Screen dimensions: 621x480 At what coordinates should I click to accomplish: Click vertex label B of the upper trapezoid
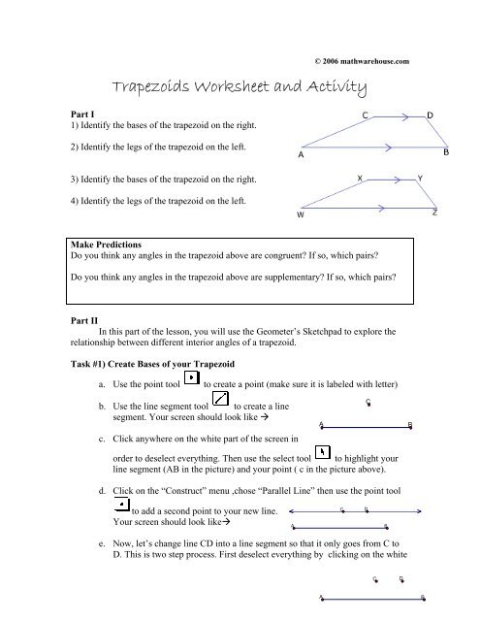pyautogui.click(x=446, y=153)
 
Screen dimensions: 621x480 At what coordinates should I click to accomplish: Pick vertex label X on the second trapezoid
pyautogui.click(x=360, y=179)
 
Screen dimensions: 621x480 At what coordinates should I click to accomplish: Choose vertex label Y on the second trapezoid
pyautogui.click(x=419, y=179)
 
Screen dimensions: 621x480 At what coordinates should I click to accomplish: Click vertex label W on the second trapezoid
pyautogui.click(x=301, y=216)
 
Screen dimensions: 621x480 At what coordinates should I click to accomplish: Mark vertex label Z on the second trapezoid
pyautogui.click(x=435, y=212)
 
